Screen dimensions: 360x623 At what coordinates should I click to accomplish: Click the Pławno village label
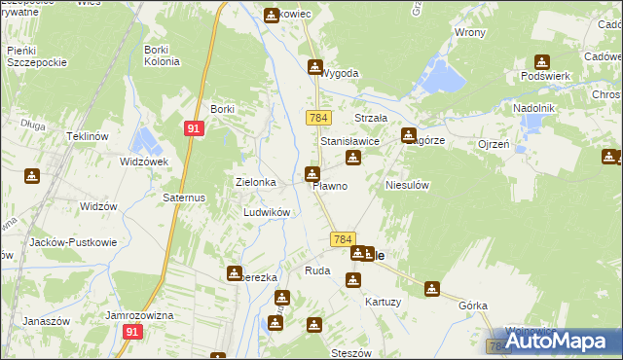(x=329, y=186)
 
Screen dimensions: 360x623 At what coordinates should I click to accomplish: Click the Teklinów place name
(x=86, y=136)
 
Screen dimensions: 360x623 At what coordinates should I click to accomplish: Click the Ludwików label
(x=266, y=212)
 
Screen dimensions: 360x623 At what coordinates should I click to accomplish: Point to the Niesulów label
(x=407, y=184)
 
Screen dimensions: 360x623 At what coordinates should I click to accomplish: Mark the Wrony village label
(x=469, y=32)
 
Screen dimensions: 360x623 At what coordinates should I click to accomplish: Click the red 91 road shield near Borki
(x=194, y=126)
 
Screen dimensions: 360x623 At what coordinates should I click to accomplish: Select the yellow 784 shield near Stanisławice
(x=317, y=118)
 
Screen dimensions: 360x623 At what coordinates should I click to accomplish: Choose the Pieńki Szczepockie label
(x=36, y=55)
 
